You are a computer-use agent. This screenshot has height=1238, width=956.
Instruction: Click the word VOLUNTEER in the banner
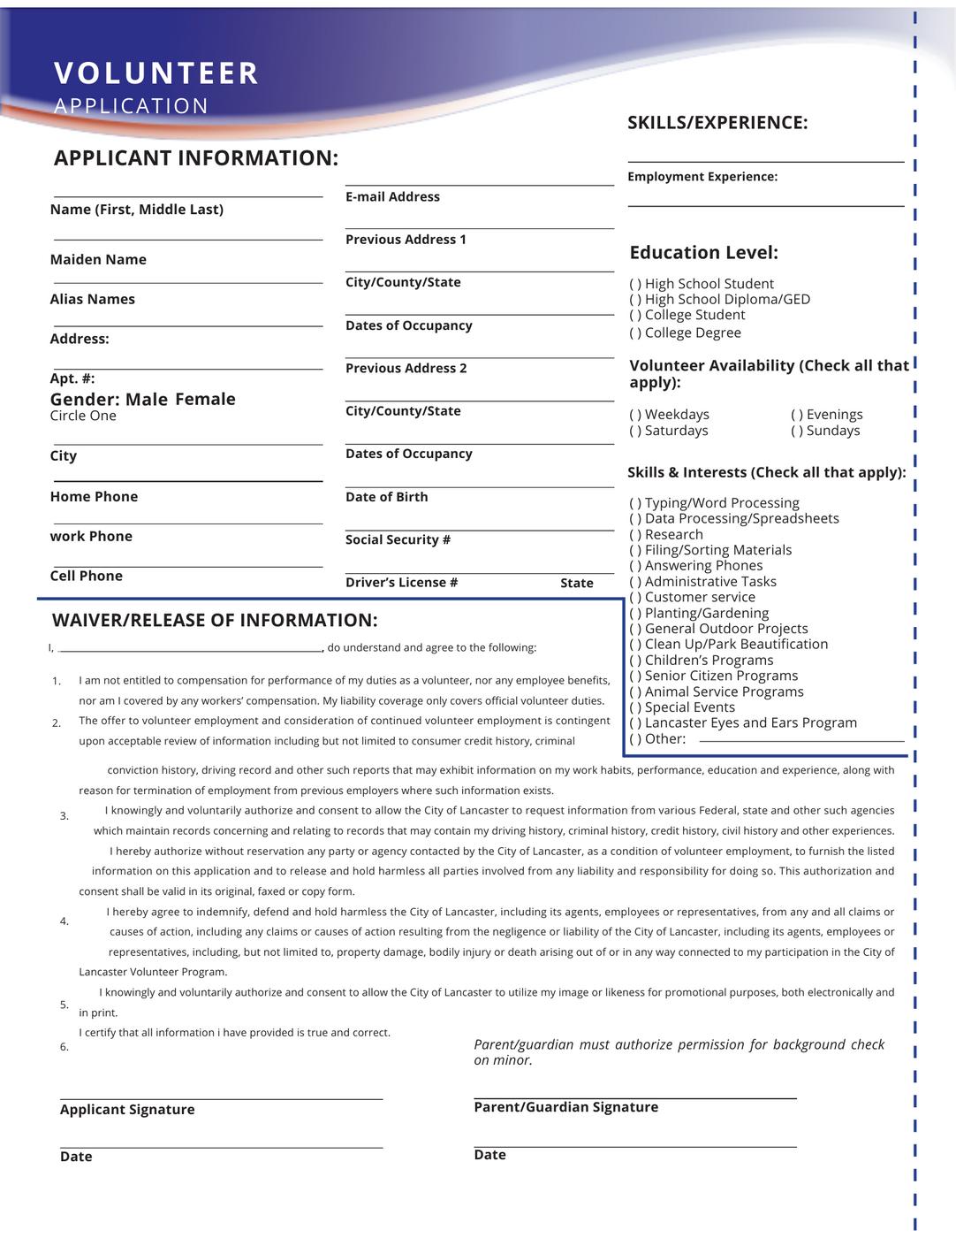(156, 73)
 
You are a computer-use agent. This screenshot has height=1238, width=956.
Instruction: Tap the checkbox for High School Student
(635, 284)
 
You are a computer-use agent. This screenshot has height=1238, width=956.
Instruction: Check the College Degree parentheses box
(635, 333)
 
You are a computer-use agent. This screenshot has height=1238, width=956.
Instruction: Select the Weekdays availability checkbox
(635, 415)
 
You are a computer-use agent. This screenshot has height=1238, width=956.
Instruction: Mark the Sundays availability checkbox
(797, 431)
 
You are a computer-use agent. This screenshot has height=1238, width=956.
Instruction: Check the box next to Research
(635, 535)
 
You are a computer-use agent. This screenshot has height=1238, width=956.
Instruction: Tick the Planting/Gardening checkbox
(635, 614)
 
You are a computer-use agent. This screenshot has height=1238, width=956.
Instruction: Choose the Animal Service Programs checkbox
(635, 692)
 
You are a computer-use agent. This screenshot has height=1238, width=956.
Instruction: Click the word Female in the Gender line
(205, 400)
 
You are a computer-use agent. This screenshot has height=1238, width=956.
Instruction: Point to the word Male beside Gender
(147, 400)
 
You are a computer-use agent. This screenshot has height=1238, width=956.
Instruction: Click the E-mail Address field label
(392, 197)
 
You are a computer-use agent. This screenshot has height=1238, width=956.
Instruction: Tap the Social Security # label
(398, 540)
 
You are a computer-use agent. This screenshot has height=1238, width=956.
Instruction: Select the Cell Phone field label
(87, 577)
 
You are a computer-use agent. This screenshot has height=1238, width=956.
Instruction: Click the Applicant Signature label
(127, 1110)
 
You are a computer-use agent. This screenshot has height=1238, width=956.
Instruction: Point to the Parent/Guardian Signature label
(565, 1107)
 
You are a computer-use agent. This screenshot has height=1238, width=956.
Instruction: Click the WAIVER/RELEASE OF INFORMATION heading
(215, 621)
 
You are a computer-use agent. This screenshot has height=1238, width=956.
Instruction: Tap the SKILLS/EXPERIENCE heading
(717, 123)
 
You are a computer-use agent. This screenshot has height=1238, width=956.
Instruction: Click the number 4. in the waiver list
(64, 921)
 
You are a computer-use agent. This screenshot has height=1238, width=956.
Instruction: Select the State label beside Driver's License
(577, 584)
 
